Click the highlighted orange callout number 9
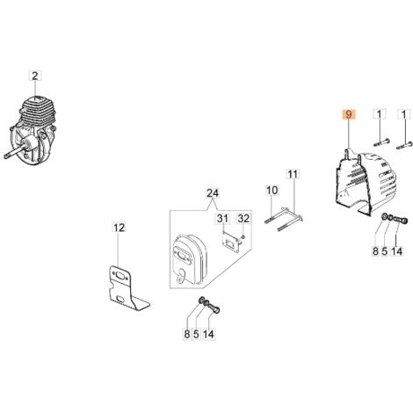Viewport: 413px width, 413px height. point(348,114)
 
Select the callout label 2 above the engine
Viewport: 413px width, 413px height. point(35,76)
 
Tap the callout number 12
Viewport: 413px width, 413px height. point(119,228)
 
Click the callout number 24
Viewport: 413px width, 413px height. point(213,193)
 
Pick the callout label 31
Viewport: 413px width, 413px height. point(222,219)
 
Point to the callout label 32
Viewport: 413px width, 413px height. point(243,219)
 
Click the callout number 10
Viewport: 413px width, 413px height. point(272,191)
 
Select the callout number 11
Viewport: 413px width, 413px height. point(293,174)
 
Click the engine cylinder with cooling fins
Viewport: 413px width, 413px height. point(38,112)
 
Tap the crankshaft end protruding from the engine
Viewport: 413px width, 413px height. point(14,153)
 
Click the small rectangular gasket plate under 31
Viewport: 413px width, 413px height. point(231,241)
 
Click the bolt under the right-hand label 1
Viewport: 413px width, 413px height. point(404,145)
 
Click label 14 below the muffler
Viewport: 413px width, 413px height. point(208,334)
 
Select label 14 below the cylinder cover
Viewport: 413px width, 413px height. point(397,251)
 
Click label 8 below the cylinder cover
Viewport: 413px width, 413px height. point(375,251)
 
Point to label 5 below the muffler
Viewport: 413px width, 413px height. point(196,334)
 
